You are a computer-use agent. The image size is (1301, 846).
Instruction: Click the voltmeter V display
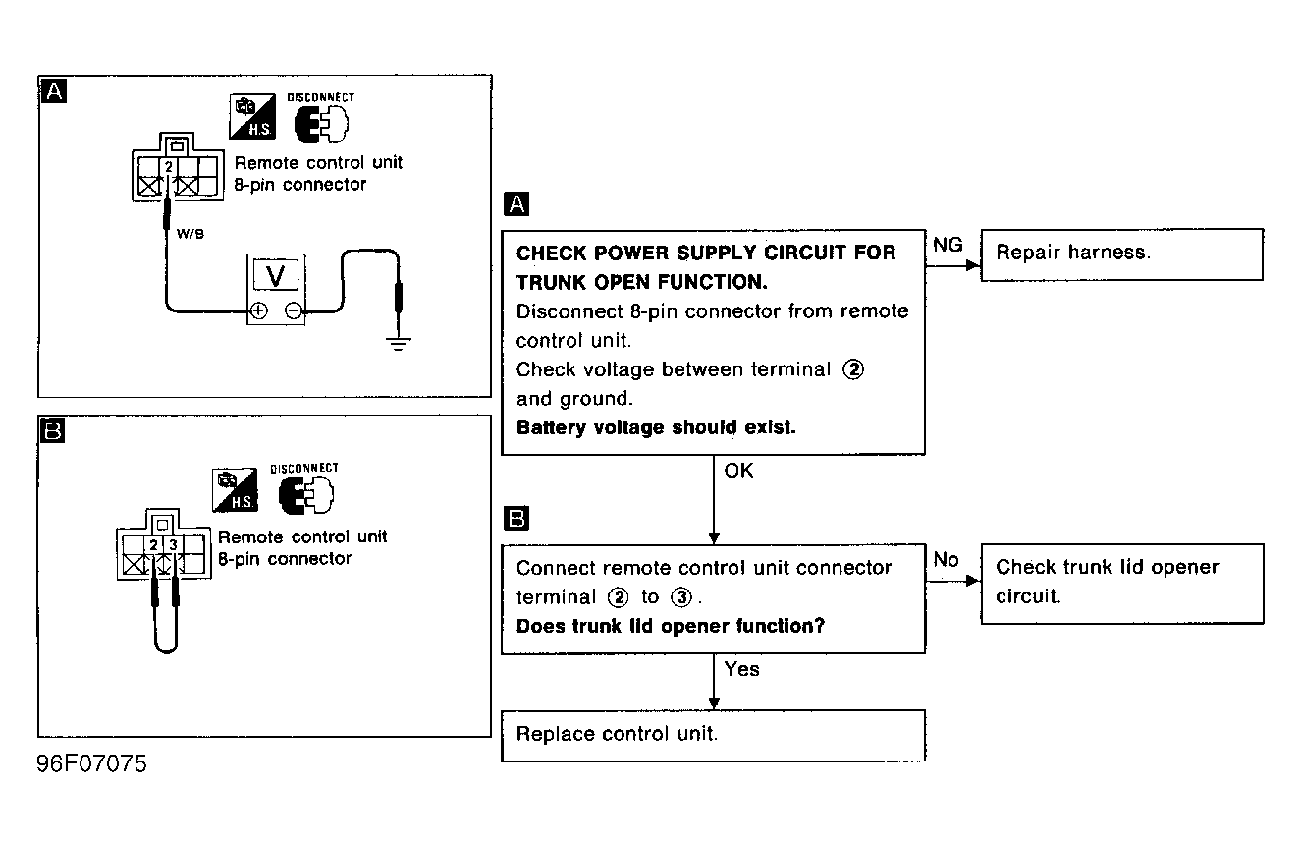(276, 276)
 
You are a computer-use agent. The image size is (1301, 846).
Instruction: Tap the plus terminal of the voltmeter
(258, 311)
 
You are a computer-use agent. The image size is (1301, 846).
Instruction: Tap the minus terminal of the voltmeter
(294, 311)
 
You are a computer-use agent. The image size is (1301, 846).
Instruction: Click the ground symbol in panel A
(398, 343)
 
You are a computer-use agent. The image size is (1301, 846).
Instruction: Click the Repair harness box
(1121, 254)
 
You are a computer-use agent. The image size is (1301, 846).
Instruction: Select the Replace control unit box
(713, 735)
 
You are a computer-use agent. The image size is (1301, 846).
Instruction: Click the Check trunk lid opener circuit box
(1121, 582)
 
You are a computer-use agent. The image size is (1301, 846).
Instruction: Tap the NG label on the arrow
(948, 245)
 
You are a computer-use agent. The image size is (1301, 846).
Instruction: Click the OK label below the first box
(738, 471)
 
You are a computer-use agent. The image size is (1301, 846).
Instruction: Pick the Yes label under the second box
(741, 669)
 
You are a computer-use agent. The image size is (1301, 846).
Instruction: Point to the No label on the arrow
(946, 559)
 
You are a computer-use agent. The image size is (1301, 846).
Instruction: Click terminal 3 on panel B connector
(173, 544)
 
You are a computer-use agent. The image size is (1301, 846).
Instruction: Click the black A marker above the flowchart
(515, 204)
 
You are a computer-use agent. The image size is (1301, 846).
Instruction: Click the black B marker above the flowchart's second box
(515, 518)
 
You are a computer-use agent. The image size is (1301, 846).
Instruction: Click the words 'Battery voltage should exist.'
(656, 428)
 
